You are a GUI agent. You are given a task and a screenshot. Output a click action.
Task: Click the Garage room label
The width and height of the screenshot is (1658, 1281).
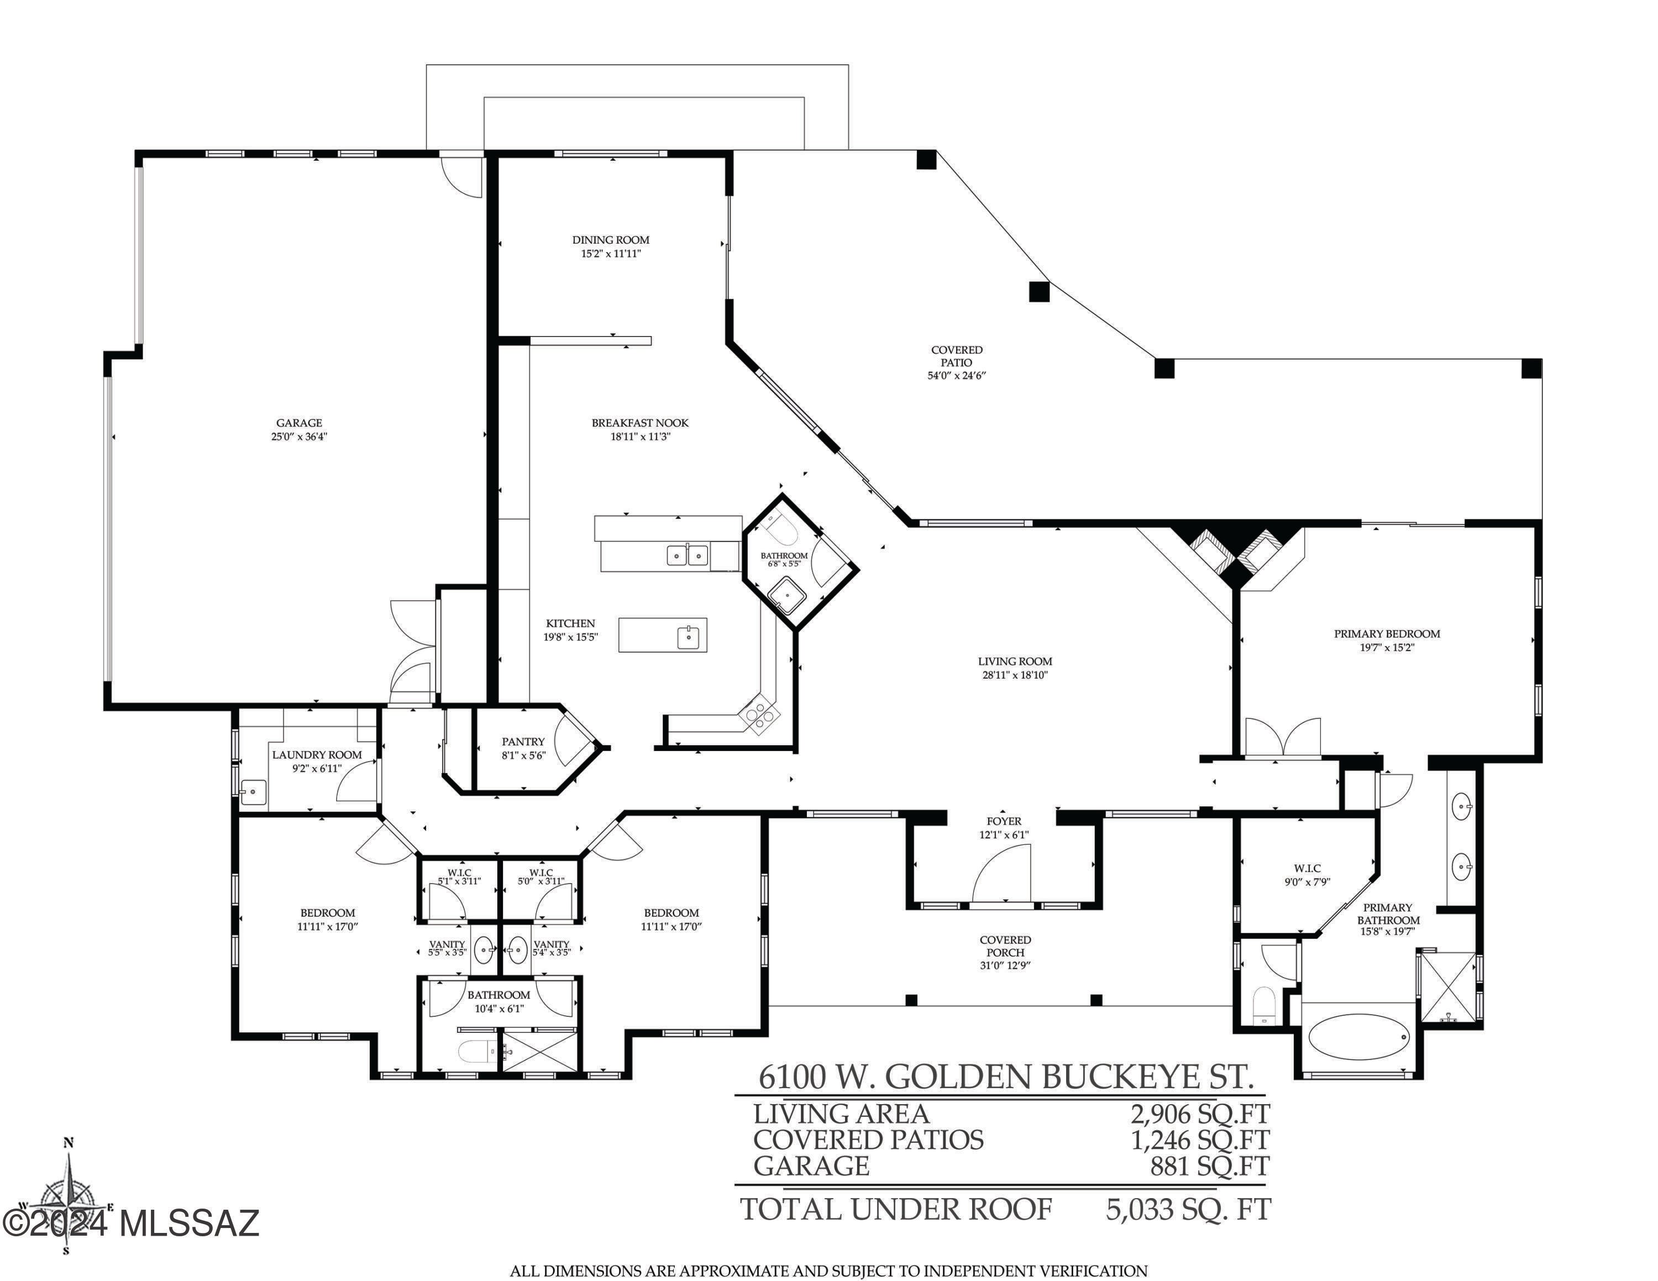(299, 423)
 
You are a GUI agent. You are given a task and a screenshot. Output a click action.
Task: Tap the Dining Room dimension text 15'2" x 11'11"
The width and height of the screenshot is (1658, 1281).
(611, 254)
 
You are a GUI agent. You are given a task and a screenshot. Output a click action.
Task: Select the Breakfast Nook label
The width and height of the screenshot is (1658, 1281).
(640, 423)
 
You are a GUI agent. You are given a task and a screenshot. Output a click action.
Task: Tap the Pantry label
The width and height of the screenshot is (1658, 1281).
(523, 742)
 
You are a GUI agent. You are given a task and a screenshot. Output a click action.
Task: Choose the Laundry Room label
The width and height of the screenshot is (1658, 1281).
(317, 754)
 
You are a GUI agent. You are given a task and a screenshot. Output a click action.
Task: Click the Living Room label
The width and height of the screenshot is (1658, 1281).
(1015, 661)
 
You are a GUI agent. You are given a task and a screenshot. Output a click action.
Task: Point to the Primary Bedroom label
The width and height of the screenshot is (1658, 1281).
(1387, 634)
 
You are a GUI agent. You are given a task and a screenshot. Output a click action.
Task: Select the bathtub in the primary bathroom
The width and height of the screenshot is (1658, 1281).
(1359, 1037)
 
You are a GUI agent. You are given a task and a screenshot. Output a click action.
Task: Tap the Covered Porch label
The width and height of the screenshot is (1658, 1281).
(1005, 946)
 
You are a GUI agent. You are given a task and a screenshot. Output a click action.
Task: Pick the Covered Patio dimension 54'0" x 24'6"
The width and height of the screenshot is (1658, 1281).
(957, 375)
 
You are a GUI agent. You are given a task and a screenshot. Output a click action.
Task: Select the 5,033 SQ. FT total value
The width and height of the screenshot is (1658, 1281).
(1188, 1210)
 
